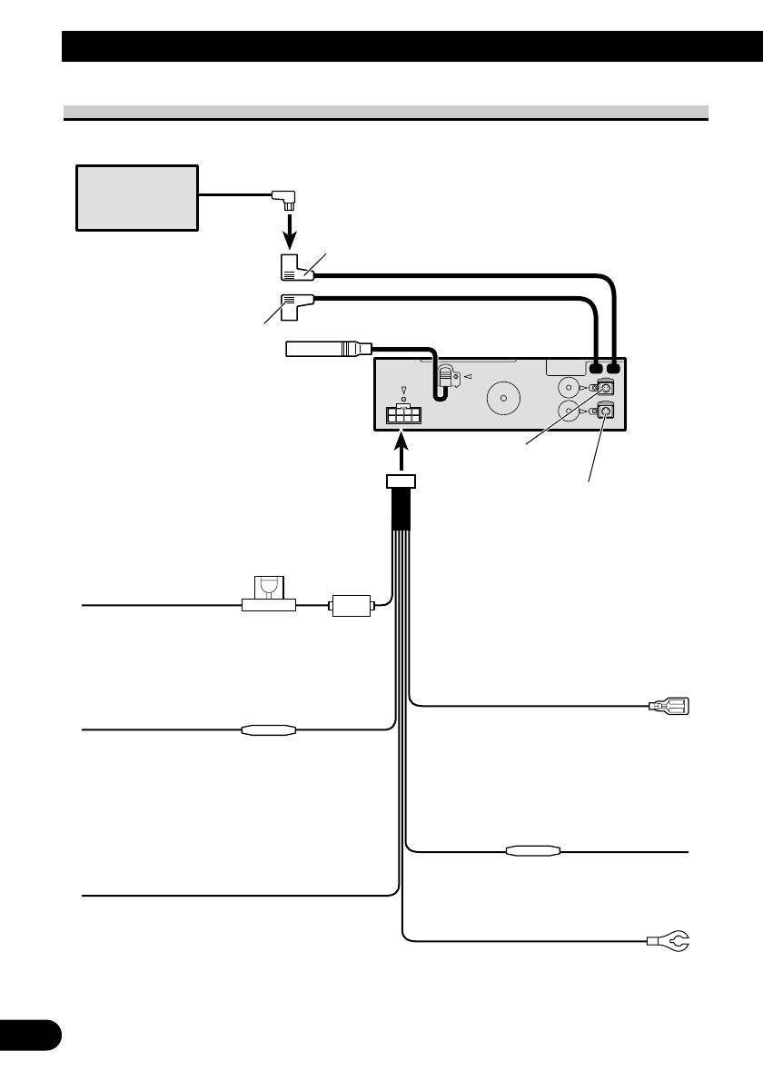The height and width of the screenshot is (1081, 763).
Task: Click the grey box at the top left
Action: (136, 197)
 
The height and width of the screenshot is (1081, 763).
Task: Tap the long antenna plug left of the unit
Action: (327, 348)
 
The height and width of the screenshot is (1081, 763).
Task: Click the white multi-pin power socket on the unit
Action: (402, 415)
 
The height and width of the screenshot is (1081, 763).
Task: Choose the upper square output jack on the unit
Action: (606, 387)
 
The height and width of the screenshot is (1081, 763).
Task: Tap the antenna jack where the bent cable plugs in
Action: (447, 376)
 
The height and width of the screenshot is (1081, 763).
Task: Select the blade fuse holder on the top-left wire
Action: (268, 597)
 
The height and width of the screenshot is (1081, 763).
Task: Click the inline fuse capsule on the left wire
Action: (269, 729)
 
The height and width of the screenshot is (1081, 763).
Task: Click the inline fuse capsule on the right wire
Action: (533, 852)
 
